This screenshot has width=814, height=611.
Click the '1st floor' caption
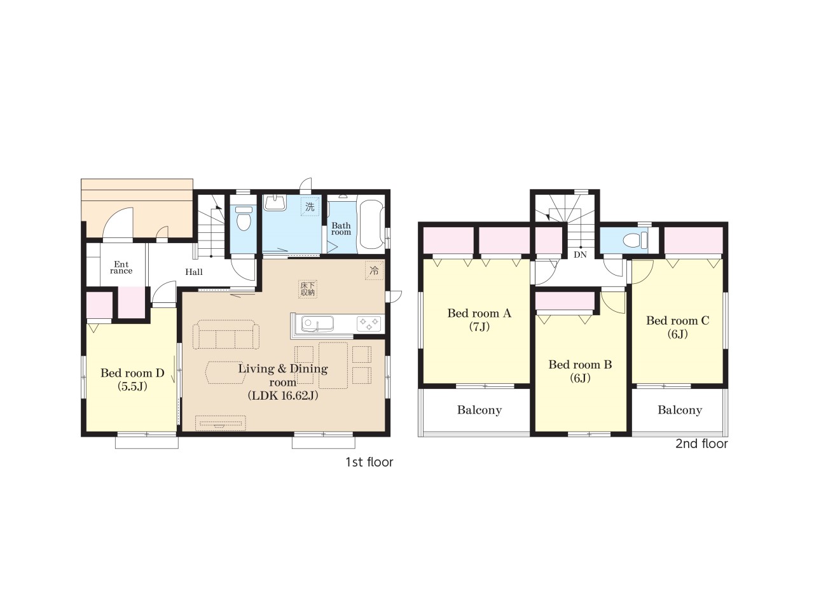tap(369, 462)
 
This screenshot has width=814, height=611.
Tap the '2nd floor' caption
tap(701, 444)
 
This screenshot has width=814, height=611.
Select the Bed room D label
tap(132, 379)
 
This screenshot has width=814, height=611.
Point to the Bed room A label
tap(479, 320)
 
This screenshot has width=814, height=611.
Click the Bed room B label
tap(580, 371)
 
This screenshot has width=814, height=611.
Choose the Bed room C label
tap(677, 327)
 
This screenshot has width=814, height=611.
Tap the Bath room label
tap(341, 228)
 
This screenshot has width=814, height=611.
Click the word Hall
tap(193, 272)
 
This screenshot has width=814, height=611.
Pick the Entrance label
tap(121, 267)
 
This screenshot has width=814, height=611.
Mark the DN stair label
tap(580, 255)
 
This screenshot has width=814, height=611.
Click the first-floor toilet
tap(244, 219)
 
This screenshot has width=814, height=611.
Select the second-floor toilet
tap(635, 241)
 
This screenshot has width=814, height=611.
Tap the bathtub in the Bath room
tap(371, 225)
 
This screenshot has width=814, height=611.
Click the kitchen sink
tap(317, 323)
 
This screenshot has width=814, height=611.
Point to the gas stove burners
tap(369, 323)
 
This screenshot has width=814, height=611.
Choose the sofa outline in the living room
tap(226, 334)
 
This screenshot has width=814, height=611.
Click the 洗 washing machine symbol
tap(310, 207)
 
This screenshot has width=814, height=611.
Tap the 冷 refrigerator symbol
tap(374, 271)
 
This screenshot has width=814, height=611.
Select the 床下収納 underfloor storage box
tap(307, 289)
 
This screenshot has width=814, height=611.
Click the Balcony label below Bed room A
tap(479, 410)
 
